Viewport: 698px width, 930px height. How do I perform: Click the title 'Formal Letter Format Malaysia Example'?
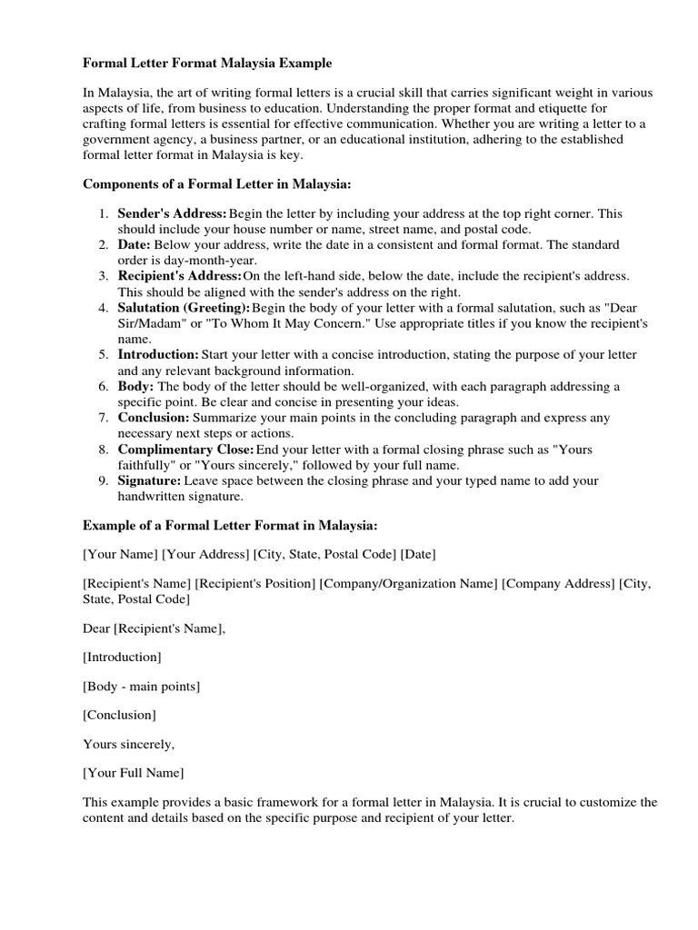[207, 64]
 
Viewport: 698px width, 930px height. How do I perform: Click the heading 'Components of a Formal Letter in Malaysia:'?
[217, 183]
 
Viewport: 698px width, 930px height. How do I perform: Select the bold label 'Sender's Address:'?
[172, 213]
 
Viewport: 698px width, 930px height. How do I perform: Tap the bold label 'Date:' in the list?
[135, 245]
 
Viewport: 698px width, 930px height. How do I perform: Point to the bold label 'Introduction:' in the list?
[157, 354]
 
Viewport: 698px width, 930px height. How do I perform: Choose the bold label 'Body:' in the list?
[136, 386]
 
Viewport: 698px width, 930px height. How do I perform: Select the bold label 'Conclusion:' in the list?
[154, 418]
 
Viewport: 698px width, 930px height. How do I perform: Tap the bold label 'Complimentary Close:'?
[185, 450]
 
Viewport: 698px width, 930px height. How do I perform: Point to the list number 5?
[105, 354]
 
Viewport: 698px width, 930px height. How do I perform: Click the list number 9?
[105, 480]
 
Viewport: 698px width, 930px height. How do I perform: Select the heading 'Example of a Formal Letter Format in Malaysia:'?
[230, 525]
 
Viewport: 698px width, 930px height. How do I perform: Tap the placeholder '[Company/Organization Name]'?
[408, 583]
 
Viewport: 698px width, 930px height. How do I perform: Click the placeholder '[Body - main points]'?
[141, 686]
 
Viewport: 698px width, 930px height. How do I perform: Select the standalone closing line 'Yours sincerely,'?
[128, 744]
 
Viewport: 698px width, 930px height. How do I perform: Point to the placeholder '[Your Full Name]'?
[133, 773]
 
